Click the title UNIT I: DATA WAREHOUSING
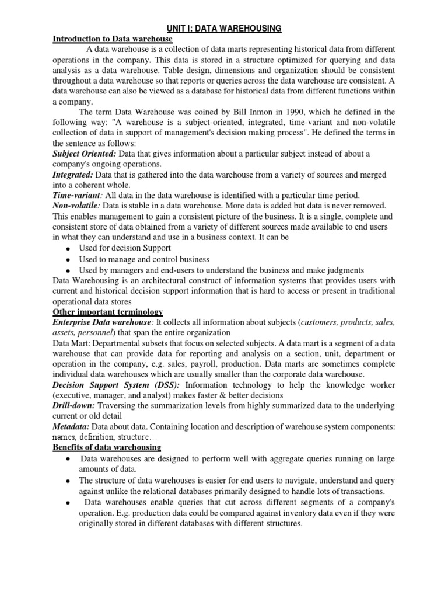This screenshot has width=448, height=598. (224, 28)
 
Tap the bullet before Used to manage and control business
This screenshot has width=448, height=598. (68, 260)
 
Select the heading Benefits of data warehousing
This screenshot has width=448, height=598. (107, 447)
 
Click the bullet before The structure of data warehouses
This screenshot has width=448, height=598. (68, 481)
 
